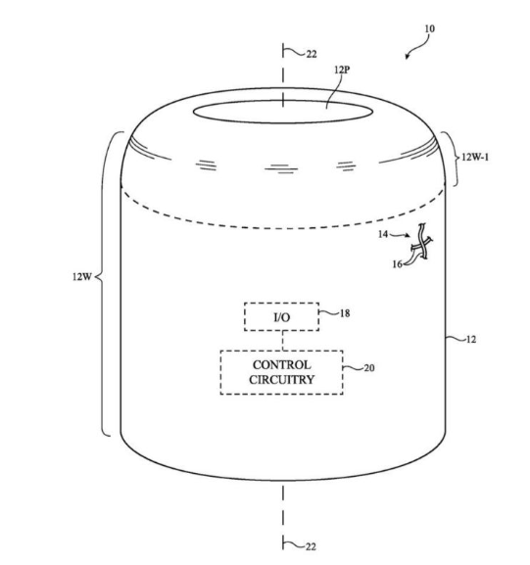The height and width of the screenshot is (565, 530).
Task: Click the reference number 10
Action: (x=429, y=28)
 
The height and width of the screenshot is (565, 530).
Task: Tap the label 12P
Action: (x=342, y=70)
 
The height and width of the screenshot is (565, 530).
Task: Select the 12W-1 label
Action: (x=475, y=157)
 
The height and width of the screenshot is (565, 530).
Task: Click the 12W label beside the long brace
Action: (x=82, y=277)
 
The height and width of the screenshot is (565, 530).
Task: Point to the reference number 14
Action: (x=383, y=234)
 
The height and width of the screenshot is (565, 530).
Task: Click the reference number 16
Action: (x=398, y=264)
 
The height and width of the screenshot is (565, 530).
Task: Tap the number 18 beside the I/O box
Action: (x=345, y=313)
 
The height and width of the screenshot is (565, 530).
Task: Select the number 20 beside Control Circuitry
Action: (x=369, y=368)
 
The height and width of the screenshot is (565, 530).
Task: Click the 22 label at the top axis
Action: (x=312, y=54)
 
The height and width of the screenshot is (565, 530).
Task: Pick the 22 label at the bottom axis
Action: (x=311, y=546)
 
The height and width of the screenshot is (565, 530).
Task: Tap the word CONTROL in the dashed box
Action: (x=281, y=365)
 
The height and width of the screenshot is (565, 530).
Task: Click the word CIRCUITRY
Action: (x=281, y=379)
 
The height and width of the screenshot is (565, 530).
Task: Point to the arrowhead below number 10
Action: (x=408, y=57)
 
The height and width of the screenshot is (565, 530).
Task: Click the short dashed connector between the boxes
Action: (x=283, y=341)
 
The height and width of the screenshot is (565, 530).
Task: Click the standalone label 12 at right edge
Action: (x=471, y=340)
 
